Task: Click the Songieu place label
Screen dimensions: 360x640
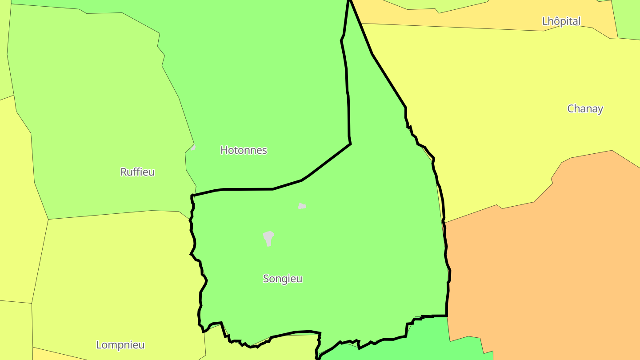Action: (x=283, y=279)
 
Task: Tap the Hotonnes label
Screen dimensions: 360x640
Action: (x=244, y=150)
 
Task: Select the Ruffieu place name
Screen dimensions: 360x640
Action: (x=137, y=172)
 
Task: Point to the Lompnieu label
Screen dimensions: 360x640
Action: (x=120, y=345)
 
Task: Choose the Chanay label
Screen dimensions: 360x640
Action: (x=585, y=109)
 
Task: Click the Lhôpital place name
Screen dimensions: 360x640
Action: (x=561, y=21)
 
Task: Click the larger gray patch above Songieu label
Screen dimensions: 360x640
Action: (x=268, y=237)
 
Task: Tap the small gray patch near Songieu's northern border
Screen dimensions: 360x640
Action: (x=302, y=206)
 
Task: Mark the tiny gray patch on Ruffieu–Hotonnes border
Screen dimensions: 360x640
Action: (x=193, y=148)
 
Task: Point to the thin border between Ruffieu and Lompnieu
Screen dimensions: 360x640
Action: (x=111, y=214)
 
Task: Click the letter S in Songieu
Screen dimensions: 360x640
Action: (x=266, y=279)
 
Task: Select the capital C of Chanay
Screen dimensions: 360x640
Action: (x=571, y=109)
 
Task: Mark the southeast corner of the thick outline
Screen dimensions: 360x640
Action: (x=446, y=316)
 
